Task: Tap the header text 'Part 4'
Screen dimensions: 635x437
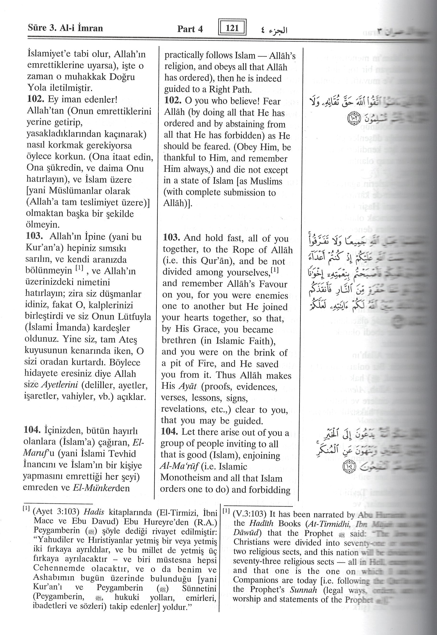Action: point(190,29)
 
